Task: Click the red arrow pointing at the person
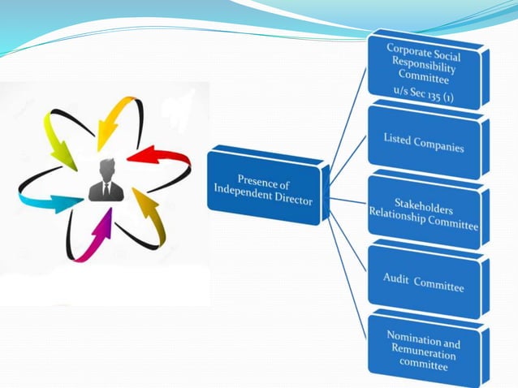coord(151,153)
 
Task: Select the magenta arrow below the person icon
coord(101,235)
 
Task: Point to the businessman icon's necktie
coord(106,189)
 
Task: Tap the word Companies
coord(438,147)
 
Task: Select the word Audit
coord(396,278)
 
